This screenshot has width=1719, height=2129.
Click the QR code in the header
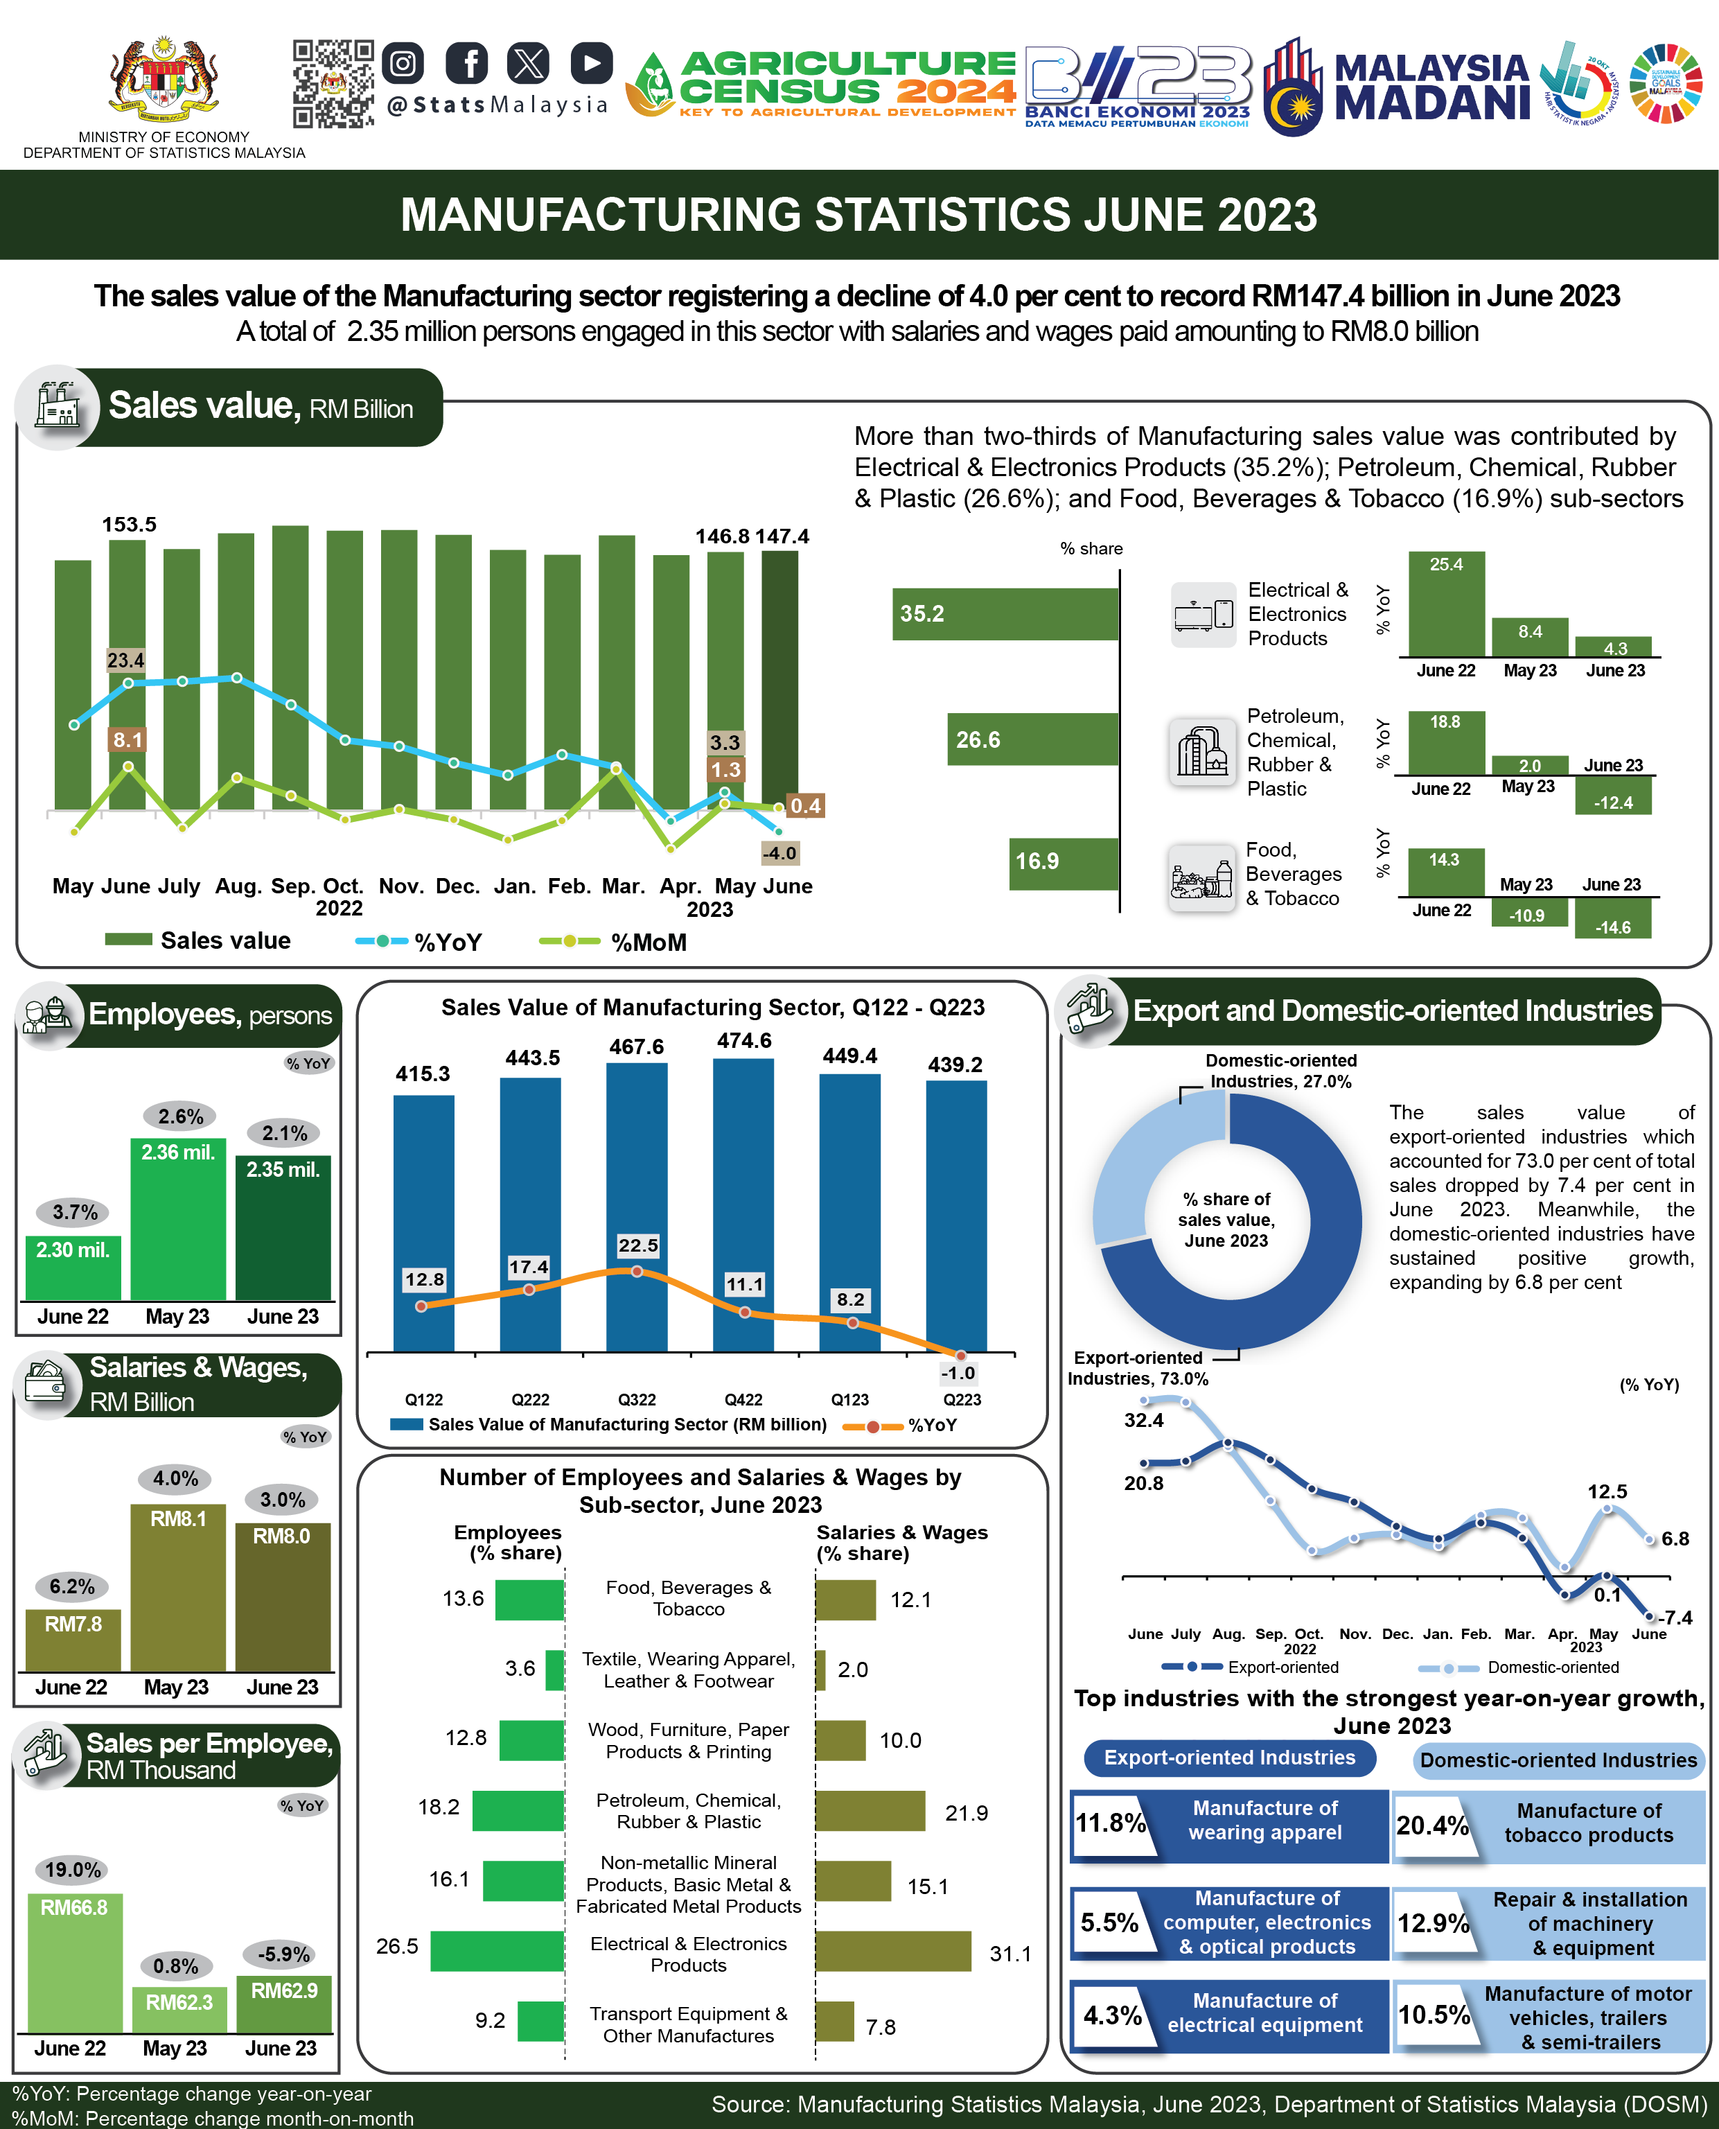point(333,84)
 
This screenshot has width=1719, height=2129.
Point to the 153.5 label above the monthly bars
point(129,524)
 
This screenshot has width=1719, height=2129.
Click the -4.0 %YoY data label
point(779,852)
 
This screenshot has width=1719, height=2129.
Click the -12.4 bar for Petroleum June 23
point(1613,796)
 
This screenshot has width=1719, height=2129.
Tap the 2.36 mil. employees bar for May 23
point(178,1218)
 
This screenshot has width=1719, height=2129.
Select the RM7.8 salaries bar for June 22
point(73,1639)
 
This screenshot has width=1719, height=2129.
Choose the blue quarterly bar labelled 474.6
point(743,1203)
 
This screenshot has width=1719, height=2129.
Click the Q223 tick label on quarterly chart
point(962,1399)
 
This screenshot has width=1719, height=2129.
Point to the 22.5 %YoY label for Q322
point(637,1245)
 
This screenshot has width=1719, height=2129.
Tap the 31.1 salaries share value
point(1010,1954)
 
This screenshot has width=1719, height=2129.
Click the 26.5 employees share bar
point(497,1951)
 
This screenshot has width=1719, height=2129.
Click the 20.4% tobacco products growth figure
point(1432,1825)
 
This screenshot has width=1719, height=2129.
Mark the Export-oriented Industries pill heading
point(1229,1758)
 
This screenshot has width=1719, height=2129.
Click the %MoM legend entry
point(614,942)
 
